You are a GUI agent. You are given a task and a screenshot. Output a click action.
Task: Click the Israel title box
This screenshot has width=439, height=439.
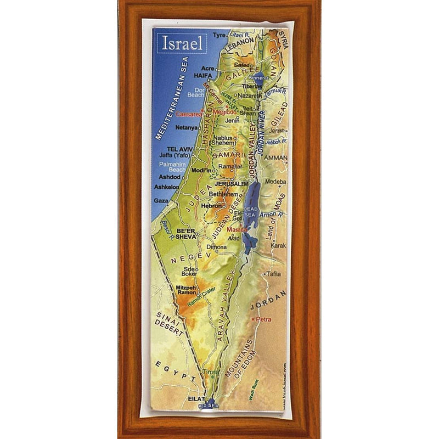click(x=181, y=42)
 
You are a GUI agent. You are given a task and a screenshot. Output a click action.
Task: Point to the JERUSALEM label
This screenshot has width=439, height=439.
click(x=232, y=183)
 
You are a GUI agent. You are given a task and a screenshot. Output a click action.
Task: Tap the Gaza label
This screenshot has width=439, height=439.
click(x=161, y=201)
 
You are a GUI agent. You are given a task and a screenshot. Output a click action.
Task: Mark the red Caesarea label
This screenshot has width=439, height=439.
click(x=188, y=113)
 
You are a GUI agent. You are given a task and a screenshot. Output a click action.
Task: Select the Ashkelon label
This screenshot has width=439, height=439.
click(x=167, y=187)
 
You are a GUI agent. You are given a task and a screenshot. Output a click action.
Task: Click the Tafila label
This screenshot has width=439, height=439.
click(x=273, y=273)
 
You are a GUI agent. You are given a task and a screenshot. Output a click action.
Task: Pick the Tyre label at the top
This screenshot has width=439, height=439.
click(x=219, y=35)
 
